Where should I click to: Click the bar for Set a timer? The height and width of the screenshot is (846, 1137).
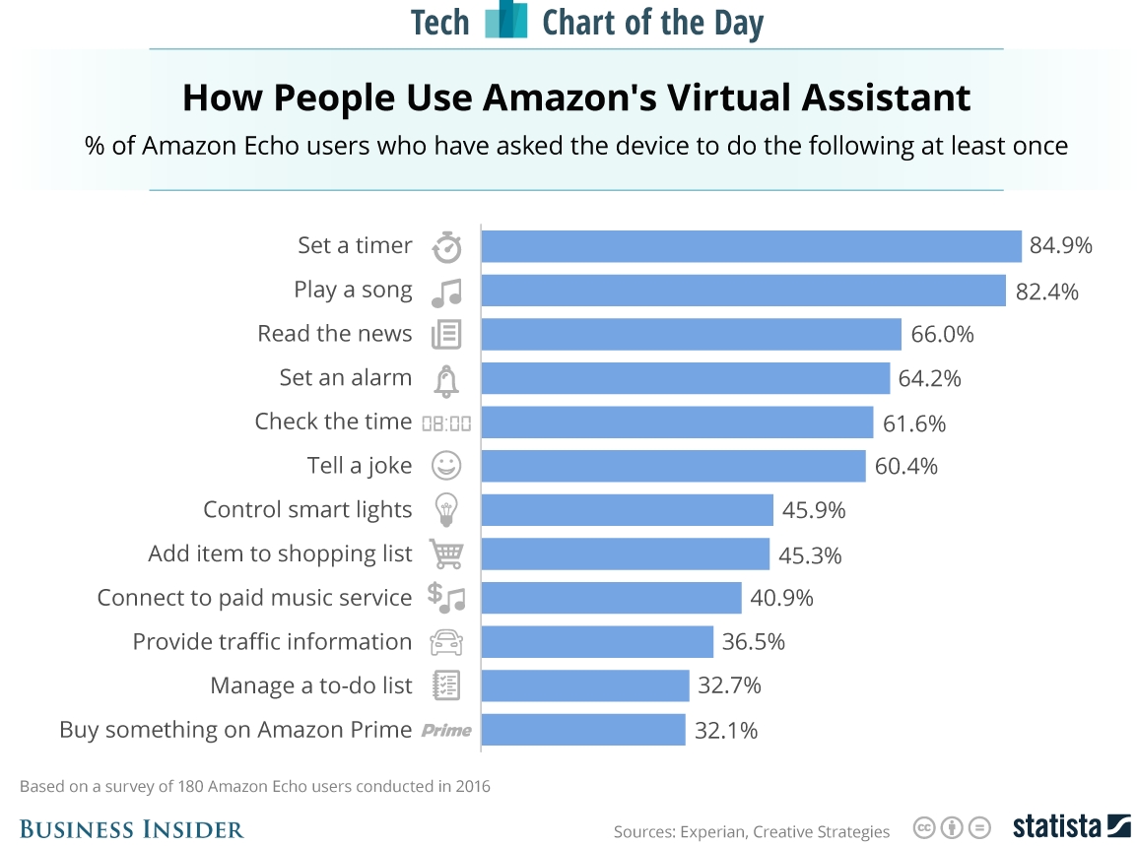[751, 246]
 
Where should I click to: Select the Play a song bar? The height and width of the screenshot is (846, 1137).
[743, 291]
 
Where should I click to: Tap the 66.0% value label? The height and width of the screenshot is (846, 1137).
[942, 334]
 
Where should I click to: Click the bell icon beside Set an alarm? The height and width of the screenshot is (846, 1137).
[446, 379]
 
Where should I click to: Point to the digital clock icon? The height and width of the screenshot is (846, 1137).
[446, 423]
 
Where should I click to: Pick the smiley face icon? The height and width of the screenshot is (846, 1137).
[446, 466]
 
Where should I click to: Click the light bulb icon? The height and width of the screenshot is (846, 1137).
[446, 510]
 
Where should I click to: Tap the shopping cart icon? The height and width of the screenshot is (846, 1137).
[446, 553]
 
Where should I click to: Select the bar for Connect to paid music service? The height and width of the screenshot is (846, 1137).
[611, 598]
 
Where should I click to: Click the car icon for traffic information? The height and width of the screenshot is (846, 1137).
[446, 642]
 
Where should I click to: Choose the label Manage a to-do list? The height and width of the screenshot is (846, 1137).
[311, 685]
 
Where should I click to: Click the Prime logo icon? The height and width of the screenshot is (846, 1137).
[446, 730]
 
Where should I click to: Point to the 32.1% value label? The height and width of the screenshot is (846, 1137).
[726, 730]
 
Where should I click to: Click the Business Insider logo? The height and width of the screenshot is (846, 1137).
[131, 829]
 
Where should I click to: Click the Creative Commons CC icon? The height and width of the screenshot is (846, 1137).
[924, 827]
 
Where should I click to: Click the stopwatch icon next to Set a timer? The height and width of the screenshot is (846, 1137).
[446, 246]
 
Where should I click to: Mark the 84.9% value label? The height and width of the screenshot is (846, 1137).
[1061, 246]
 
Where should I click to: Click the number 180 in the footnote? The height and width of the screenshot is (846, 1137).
[192, 786]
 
